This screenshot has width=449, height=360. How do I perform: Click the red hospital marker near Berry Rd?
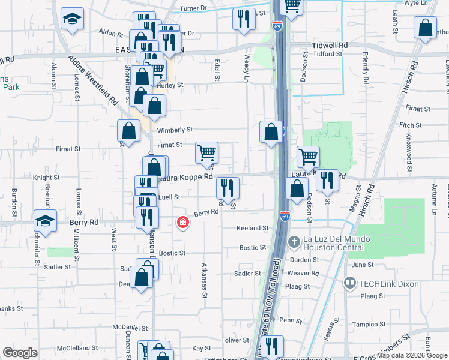pos(182,223)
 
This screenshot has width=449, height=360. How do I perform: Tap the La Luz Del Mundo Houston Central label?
pos(337,242)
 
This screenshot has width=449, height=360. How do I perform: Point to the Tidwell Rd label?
pos(330,45)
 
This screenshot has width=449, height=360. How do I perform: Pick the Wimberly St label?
pos(175,130)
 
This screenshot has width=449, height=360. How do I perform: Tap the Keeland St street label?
pos(252,228)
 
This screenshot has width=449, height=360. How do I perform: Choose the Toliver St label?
pos(235,340)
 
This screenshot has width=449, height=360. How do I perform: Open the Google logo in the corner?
pos(20,353)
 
